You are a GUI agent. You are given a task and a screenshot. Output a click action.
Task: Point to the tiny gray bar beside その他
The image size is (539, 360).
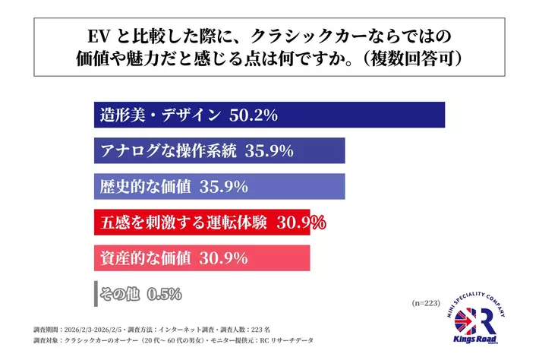pos(95,293)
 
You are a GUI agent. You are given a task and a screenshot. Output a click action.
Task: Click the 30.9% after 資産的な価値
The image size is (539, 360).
pos(223,258)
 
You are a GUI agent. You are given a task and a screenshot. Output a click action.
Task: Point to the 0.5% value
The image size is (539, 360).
pos(165,293)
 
